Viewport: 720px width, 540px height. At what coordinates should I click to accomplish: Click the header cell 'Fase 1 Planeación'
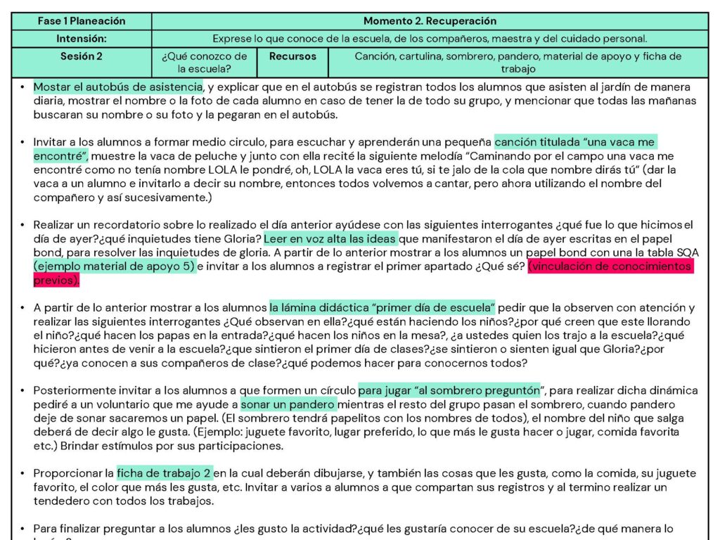tap(82, 21)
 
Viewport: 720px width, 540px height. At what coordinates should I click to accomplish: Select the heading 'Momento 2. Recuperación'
tap(430, 21)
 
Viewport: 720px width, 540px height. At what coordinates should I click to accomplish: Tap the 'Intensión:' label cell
tap(82, 39)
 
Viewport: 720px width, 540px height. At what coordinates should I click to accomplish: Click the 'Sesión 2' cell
tap(82, 56)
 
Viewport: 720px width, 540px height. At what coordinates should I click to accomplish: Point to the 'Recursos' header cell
tap(293, 56)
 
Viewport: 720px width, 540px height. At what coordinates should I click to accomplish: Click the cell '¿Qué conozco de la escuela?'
tap(205, 63)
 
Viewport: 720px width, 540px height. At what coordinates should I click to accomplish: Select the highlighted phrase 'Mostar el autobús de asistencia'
tap(118, 87)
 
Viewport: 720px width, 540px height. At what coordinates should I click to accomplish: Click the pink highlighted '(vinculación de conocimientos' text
tap(610, 266)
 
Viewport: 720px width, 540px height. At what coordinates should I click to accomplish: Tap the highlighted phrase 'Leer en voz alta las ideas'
tap(330, 239)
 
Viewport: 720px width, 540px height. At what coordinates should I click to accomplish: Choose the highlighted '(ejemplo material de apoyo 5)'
tap(114, 266)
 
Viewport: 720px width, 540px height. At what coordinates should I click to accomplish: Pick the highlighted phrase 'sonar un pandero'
tap(288, 404)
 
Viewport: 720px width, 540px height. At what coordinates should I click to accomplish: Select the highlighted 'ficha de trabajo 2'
tap(164, 472)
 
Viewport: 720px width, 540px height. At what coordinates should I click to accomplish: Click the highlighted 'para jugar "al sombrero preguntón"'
tap(450, 390)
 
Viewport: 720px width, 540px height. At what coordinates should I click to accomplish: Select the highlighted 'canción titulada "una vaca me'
tap(575, 143)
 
